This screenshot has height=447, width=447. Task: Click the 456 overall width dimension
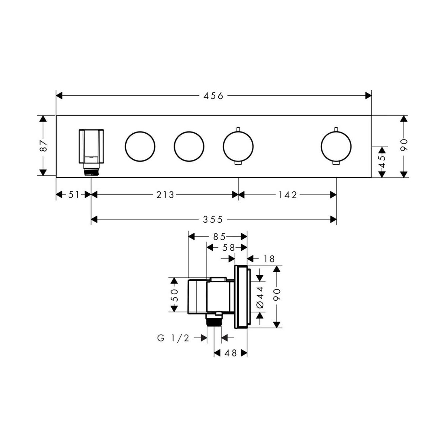tap(213, 96)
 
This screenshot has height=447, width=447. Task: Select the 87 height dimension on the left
tap(43, 146)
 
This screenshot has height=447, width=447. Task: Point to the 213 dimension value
tap(165, 195)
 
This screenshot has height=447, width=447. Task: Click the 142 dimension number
tap(288, 195)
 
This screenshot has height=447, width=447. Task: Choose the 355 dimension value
tap(213, 219)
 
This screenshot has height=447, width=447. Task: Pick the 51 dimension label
tap(74, 195)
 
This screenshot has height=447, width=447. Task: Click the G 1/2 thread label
tap(173, 339)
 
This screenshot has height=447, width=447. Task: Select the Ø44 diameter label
tap(260, 298)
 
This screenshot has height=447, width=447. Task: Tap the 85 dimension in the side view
tap(219, 237)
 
